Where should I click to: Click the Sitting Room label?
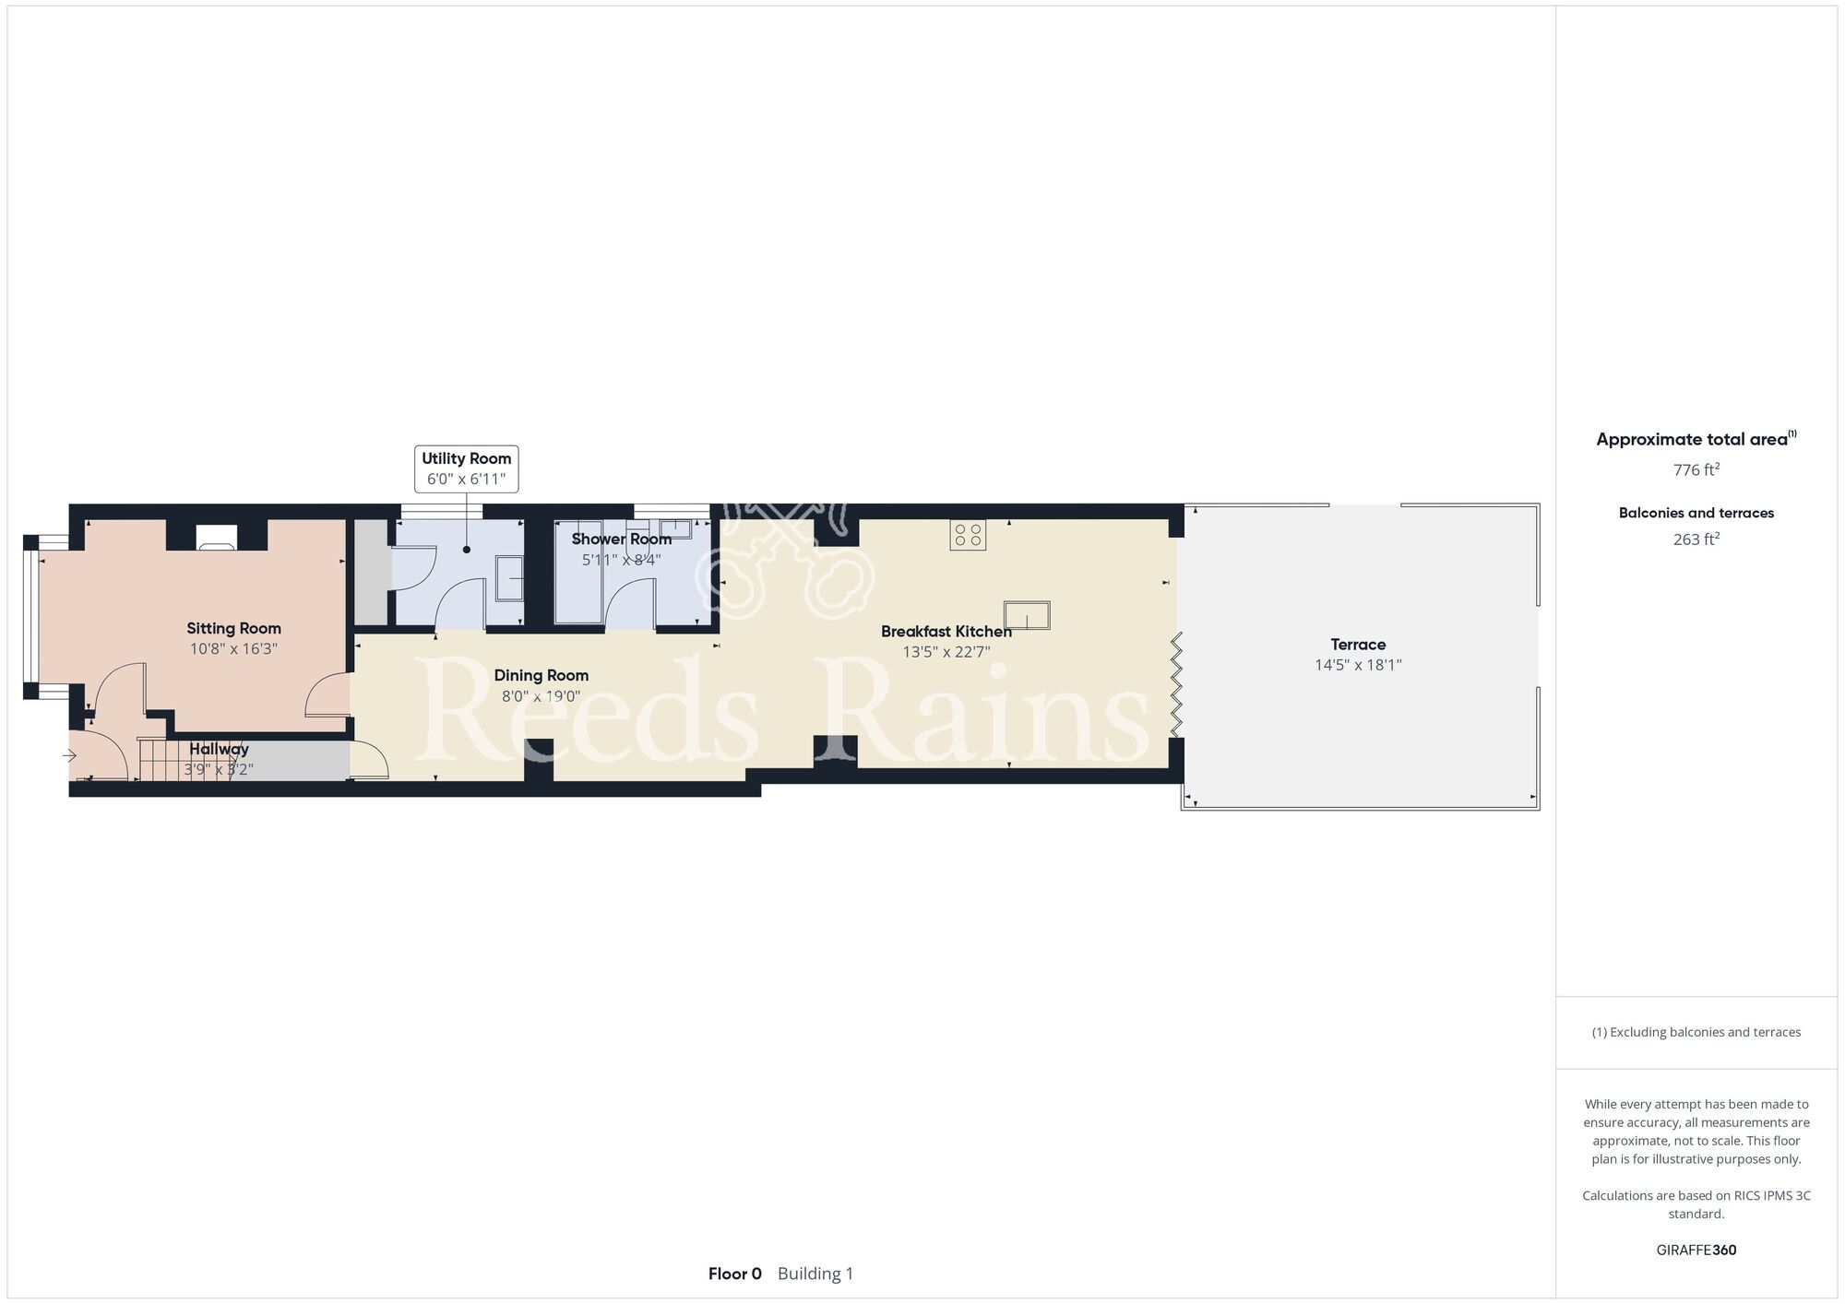click(x=233, y=629)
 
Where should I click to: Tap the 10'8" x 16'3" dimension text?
click(x=233, y=649)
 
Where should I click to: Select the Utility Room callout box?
click(x=466, y=468)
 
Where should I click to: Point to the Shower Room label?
click(x=622, y=539)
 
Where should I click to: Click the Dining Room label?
click(x=542, y=676)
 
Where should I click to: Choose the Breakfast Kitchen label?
click(x=946, y=632)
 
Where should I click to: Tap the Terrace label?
click(x=1358, y=645)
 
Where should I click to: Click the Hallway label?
click(x=220, y=750)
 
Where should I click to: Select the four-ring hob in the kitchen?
click(x=968, y=535)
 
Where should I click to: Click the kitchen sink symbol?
click(x=1028, y=615)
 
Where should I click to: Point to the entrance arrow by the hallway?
click(x=69, y=756)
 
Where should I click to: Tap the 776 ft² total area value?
click(x=1696, y=469)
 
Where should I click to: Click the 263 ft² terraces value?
click(x=1696, y=539)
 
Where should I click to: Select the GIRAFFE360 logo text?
click(x=1696, y=1251)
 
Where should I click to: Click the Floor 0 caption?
click(x=735, y=1274)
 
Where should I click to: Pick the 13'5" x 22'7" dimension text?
click(x=946, y=652)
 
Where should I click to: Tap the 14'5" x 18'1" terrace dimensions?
click(x=1358, y=665)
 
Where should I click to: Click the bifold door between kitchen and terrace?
click(x=1177, y=683)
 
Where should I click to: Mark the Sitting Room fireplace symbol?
click(x=218, y=538)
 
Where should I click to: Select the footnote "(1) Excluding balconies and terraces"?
click(x=1696, y=1032)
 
